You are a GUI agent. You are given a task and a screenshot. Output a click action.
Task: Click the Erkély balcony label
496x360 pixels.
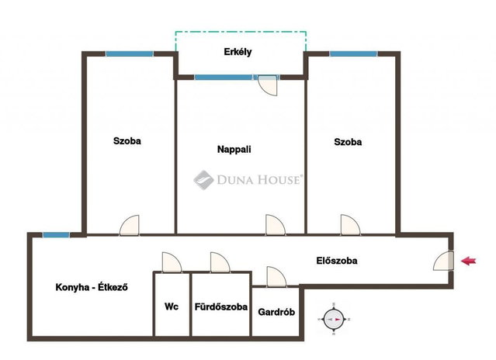pos(238,52)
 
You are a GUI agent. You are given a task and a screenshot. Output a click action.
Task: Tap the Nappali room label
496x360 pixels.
pos(234,149)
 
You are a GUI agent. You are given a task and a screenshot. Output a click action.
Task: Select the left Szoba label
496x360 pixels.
pos(127,140)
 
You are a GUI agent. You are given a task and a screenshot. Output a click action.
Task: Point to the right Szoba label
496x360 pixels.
pos(348,142)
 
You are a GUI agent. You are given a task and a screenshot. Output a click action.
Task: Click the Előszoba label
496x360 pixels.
pos(337,261)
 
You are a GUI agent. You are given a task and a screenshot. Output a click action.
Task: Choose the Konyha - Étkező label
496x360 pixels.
pos(92,287)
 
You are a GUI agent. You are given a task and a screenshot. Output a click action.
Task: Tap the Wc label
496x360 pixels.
pos(172,306)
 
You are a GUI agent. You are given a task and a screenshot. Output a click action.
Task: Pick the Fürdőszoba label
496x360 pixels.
pos(220,306)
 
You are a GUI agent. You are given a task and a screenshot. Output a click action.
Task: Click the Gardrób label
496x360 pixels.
pos(276,312)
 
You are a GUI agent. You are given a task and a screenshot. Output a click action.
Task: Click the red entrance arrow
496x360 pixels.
pos(469,261)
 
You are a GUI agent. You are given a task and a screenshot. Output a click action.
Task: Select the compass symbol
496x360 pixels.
pos(334,319)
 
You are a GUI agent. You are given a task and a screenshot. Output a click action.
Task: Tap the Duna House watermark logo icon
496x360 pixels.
pos(203,180)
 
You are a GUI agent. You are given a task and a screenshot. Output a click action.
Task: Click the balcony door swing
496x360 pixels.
pos(268,85)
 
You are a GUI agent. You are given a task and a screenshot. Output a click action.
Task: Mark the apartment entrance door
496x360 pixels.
pos(443,261)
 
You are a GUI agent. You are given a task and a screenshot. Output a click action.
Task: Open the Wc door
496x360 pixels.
pos(172,263)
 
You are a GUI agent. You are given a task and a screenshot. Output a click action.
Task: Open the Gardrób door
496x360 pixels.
pos(276,277)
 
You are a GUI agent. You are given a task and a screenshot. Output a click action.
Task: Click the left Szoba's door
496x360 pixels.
pos(130,225)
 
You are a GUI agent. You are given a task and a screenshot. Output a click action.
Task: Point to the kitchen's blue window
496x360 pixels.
pos(56,235)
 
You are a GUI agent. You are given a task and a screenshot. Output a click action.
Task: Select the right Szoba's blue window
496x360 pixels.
pos(354,54)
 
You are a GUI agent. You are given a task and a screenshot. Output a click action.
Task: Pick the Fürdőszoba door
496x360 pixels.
pos(220,263)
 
